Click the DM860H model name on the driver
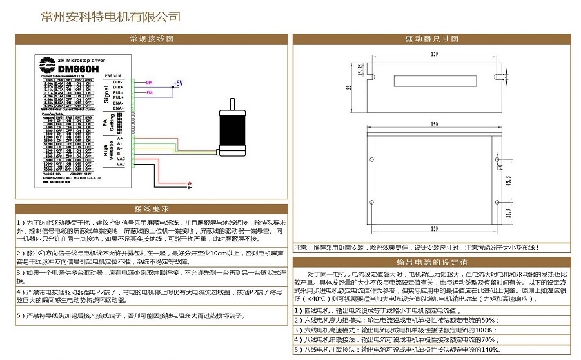[x=78, y=68]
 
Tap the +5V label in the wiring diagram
[x=178, y=83]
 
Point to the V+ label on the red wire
[x=190, y=184]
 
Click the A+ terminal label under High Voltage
[x=120, y=139]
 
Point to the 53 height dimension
[x=349, y=87]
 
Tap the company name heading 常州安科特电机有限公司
[x=110, y=17]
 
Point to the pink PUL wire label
[x=150, y=93]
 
